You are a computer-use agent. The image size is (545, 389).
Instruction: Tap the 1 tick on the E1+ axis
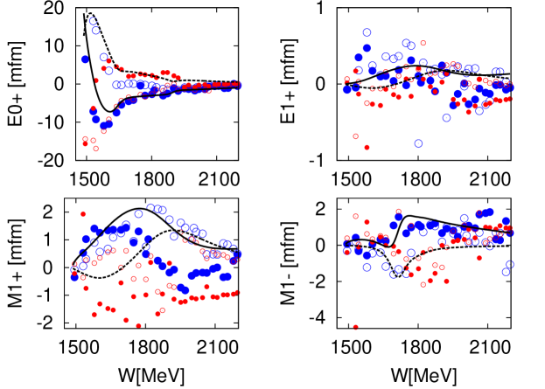click(x=322, y=8)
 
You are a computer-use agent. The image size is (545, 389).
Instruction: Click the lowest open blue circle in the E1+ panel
click(x=418, y=143)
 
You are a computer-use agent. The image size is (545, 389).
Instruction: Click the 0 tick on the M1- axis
click(x=322, y=245)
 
